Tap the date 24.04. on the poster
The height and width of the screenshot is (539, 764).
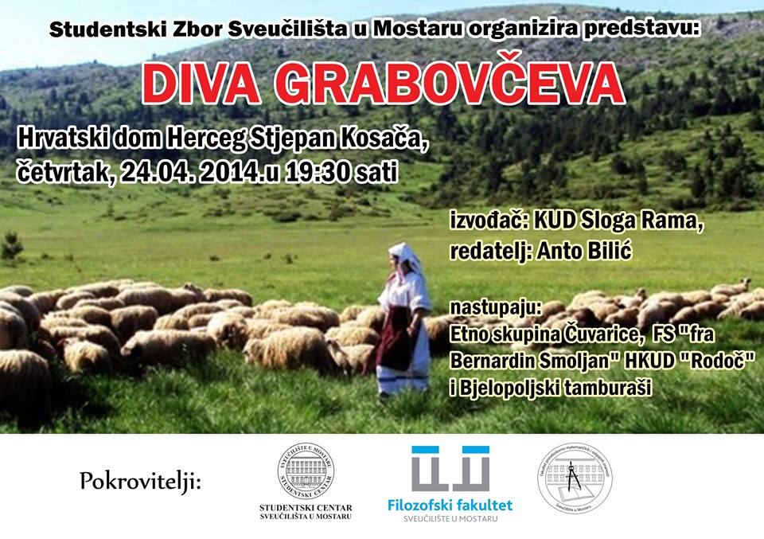[x=154, y=172]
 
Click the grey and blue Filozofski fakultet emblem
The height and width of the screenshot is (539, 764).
[x=450, y=469]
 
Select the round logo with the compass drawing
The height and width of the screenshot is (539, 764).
[x=575, y=476]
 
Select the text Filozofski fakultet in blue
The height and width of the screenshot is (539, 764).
[x=450, y=504]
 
